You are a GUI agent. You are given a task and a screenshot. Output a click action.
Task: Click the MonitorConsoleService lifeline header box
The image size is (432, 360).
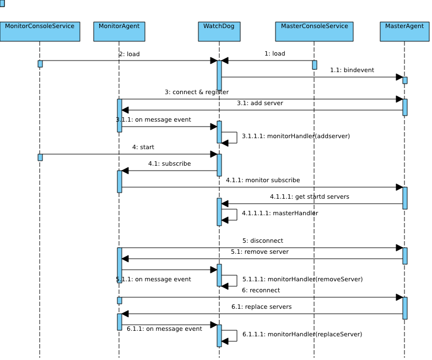pyautogui.click(x=40, y=32)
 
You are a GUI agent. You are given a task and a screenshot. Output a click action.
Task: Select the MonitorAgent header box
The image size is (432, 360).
pyautogui.click(x=119, y=32)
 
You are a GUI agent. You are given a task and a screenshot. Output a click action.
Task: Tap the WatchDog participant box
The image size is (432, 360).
pyautogui.click(x=219, y=32)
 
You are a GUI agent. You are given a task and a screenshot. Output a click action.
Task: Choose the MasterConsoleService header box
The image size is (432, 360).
pyautogui.click(x=314, y=32)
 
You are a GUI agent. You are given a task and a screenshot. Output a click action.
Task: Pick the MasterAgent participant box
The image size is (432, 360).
pyautogui.click(x=404, y=32)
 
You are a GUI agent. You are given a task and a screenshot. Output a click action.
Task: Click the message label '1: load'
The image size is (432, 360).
pyautogui.click(x=274, y=54)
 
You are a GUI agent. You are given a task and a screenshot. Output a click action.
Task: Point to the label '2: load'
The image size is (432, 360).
pyautogui.click(x=129, y=54)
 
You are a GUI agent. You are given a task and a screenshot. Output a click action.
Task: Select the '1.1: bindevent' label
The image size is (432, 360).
pyautogui.click(x=352, y=70)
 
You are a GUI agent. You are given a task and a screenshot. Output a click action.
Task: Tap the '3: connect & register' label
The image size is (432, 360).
pyautogui.click(x=197, y=92)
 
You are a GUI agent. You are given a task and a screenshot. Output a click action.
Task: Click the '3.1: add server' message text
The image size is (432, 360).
pyautogui.click(x=260, y=103)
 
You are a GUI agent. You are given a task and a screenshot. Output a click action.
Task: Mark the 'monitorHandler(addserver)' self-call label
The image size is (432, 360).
pyautogui.click(x=309, y=137)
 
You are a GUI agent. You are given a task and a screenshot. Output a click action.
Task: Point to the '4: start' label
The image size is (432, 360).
pyautogui.click(x=143, y=148)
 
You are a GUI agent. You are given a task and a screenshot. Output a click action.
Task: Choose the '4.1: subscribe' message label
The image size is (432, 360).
pyautogui.click(x=170, y=164)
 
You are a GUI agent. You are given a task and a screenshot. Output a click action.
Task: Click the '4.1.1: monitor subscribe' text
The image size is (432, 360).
pyautogui.click(x=263, y=181)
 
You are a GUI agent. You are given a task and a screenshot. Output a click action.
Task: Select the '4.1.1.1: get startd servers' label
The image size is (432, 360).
pyautogui.click(x=310, y=197)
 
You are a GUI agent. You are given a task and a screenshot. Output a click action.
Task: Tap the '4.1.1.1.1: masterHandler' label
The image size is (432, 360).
pyautogui.click(x=280, y=214)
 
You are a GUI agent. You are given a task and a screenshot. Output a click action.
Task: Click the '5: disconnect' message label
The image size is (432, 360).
pyautogui.click(x=262, y=241)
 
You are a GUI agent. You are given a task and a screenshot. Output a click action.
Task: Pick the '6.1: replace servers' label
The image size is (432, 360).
pyautogui.click(x=261, y=307)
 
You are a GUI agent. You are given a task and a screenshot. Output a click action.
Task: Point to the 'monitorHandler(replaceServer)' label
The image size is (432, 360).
pyautogui.click(x=315, y=335)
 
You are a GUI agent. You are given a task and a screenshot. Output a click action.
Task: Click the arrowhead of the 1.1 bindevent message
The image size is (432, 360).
pyautogui.click(x=399, y=77)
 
